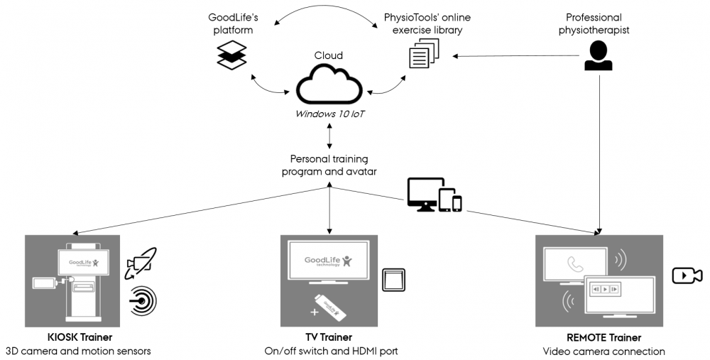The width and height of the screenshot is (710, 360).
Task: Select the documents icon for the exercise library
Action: pyautogui.click(x=425, y=54)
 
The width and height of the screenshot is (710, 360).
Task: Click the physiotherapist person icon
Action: pyautogui.click(x=598, y=55)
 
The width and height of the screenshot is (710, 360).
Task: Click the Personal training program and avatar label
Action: pyautogui.click(x=329, y=165)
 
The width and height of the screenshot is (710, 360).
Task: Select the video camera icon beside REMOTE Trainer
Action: pyautogui.click(x=687, y=275)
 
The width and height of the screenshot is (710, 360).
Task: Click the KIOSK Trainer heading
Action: pyautogui.click(x=77, y=337)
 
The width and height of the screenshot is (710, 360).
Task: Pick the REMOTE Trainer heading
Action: pyautogui.click(x=603, y=338)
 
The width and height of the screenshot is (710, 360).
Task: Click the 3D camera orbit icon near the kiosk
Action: pyautogui.click(x=141, y=264)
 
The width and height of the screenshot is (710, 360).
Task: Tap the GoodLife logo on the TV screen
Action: pyautogui.click(x=327, y=261)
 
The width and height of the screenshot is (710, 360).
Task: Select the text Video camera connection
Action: pyautogui.click(x=603, y=351)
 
